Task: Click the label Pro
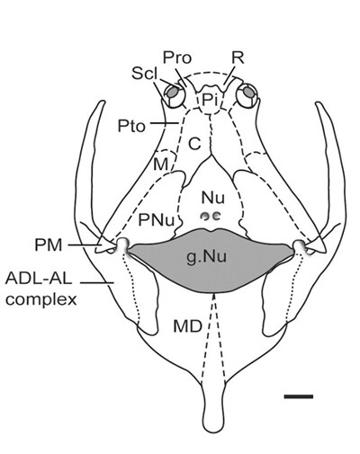pos(177,58)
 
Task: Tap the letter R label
pos(238,57)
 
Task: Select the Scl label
pos(145,74)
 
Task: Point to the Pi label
pos(209,100)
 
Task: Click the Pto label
pos(131,127)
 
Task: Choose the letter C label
pos(194,144)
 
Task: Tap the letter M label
pos(160,165)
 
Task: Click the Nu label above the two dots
pos(213,198)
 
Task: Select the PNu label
pos(156,220)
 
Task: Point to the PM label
pos(49,245)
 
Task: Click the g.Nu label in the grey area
pos(206,257)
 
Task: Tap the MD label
pos(187,326)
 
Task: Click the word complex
pos(41,299)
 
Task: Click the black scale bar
pos(299,396)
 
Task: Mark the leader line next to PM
pos(84,245)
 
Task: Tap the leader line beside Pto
pos(165,123)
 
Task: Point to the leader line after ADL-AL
pos(96,282)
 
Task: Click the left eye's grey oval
pos(172,93)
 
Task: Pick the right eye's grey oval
pos(248,92)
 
